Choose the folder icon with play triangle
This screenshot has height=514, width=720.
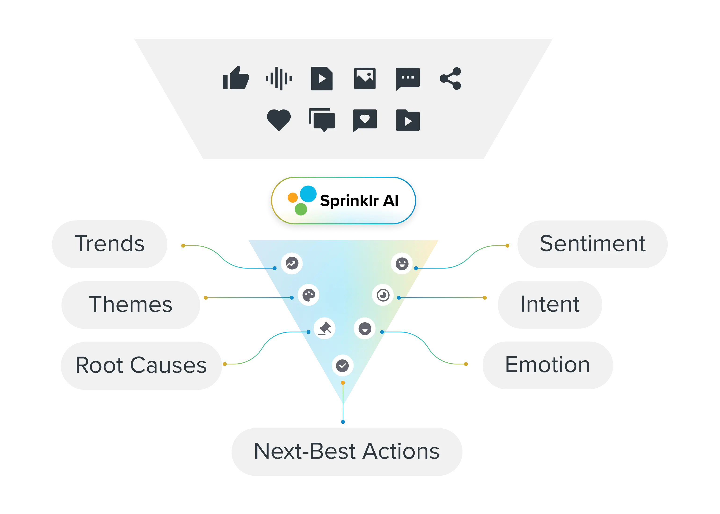(x=408, y=120)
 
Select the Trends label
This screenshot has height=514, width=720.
(x=109, y=244)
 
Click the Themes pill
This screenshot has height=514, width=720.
(x=130, y=304)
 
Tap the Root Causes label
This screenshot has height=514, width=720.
(x=141, y=365)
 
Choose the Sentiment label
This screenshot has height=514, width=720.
(x=592, y=244)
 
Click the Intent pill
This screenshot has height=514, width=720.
(x=550, y=304)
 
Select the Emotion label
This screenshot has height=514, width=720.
(x=548, y=365)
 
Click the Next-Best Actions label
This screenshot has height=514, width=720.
(x=347, y=451)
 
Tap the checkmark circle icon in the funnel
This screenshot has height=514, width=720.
(x=342, y=366)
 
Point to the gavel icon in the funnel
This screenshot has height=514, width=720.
(x=325, y=328)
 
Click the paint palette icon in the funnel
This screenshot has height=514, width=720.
(x=309, y=295)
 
